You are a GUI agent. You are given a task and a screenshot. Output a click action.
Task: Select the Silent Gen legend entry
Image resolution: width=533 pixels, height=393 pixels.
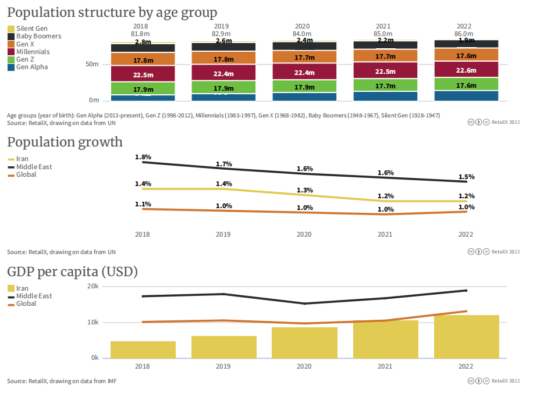(32, 28)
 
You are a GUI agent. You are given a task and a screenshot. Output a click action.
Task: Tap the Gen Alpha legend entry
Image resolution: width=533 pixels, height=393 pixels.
(32, 67)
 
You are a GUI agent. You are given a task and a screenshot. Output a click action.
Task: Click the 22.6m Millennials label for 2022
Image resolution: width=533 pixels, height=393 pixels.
(466, 70)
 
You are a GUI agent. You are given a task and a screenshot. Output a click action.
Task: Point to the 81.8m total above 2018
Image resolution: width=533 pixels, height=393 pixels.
(141, 34)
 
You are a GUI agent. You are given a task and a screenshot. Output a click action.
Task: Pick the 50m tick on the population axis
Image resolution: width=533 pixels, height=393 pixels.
(93, 64)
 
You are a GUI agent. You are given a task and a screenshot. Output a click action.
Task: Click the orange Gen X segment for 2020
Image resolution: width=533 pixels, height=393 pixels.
(304, 57)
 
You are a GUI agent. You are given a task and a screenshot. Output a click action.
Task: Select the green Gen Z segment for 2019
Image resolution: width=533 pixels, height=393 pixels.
(223, 88)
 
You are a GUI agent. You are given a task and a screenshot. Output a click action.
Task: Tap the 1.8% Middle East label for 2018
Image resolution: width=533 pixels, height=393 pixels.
(143, 157)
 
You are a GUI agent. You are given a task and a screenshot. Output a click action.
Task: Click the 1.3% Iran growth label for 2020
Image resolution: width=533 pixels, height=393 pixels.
(305, 190)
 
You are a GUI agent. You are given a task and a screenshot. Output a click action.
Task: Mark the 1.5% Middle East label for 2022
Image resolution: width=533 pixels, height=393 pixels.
(466, 177)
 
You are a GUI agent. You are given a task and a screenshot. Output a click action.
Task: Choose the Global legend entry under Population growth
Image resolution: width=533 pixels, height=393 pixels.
(26, 174)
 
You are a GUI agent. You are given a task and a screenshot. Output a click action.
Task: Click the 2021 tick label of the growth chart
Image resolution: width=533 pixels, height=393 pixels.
(385, 234)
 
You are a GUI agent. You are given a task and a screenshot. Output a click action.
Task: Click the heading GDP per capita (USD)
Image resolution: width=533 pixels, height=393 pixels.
(72, 271)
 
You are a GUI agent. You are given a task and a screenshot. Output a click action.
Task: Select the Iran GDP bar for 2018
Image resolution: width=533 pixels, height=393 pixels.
(143, 349)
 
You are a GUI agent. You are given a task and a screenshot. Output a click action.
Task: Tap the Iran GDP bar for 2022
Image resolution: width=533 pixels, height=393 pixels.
(466, 337)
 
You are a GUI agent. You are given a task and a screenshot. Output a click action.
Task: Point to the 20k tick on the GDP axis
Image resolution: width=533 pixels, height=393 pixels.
(93, 287)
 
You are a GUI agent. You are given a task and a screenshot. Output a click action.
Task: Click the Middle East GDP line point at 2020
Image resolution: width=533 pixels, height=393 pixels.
(304, 303)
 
